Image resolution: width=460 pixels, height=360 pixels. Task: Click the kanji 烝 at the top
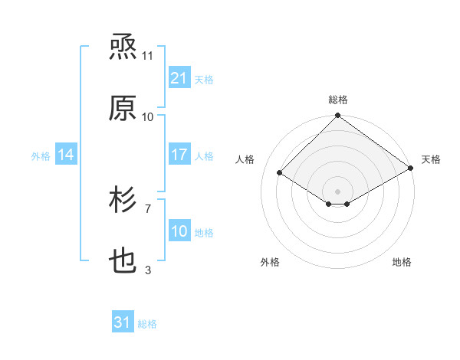(123, 48)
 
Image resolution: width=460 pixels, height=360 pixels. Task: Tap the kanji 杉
(123, 201)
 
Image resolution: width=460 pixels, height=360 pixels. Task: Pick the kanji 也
(123, 262)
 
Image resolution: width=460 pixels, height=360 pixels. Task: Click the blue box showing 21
(179, 78)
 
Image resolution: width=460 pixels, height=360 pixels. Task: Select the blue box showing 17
(179, 155)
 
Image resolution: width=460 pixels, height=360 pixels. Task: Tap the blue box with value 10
(179, 231)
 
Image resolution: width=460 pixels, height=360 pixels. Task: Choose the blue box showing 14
(66, 155)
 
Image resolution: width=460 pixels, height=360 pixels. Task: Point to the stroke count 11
(148, 56)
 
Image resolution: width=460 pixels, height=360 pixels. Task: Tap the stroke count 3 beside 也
(148, 270)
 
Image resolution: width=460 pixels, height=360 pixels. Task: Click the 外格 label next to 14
(41, 155)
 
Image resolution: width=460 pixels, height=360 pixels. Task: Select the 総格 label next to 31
(147, 324)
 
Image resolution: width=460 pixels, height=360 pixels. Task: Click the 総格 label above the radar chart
(338, 100)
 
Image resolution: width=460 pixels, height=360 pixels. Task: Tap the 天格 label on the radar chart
(431, 159)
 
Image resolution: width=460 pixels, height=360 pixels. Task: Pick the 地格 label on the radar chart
(402, 262)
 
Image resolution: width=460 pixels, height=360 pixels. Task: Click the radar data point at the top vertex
(338, 116)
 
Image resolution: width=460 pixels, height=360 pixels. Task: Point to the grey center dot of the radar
(338, 191)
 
